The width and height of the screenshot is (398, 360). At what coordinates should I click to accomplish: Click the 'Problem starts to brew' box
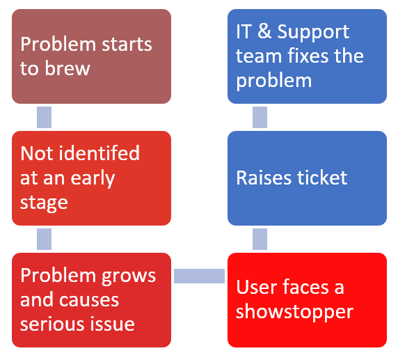91,56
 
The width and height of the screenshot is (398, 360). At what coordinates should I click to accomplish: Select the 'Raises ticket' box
307,178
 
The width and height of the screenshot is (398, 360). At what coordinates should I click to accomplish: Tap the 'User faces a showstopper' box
307,300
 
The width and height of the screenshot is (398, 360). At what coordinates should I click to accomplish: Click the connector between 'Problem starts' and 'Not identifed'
44,118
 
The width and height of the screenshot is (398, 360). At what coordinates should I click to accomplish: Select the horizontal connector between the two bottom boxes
199,276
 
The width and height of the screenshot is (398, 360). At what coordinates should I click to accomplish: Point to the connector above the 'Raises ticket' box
260,118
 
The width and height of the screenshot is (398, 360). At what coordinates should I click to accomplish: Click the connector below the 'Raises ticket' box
260,239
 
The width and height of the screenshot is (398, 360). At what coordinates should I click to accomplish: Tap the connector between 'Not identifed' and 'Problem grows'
44,239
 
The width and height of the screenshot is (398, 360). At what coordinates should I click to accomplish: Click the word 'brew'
67,68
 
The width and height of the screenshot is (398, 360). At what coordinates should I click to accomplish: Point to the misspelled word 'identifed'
99,153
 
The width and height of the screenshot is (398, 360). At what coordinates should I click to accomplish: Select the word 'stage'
44,204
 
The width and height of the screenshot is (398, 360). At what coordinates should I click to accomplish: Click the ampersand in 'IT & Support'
264,31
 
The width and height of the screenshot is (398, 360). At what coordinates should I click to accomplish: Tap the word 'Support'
313,33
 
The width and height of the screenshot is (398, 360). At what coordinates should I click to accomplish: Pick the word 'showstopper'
295,313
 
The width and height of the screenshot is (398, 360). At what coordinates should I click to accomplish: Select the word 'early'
93,179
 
